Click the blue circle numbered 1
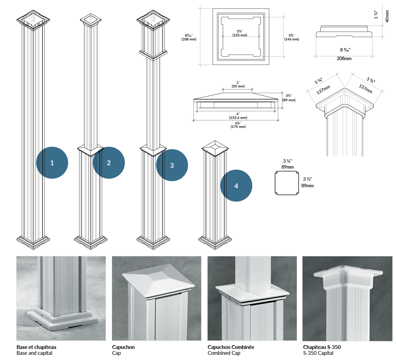[52, 163]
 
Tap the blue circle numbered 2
[109, 163]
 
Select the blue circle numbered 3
[172, 165]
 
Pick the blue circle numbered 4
[236, 186]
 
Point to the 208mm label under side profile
[344, 59]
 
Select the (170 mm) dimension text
[238, 127]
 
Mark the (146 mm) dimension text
[291, 39]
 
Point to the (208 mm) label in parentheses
[189, 39]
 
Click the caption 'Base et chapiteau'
[36, 347]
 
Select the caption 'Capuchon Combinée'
[231, 347]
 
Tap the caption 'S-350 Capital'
[318, 353]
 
